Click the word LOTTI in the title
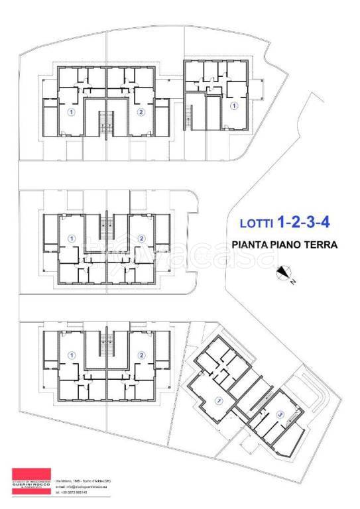pos(254,223)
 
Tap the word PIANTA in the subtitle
pos(252,245)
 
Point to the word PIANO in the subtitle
pos(288,245)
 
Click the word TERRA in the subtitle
pos(321,245)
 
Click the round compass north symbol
pos(284,271)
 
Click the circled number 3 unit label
pos(280,416)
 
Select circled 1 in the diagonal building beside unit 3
pos(218,399)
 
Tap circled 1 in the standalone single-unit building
pos(233,105)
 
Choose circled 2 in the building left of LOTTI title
pos(141,239)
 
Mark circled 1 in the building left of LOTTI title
pos(72,239)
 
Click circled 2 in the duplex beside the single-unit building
pos(141,112)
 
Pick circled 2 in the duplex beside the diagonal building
pos(141,355)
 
